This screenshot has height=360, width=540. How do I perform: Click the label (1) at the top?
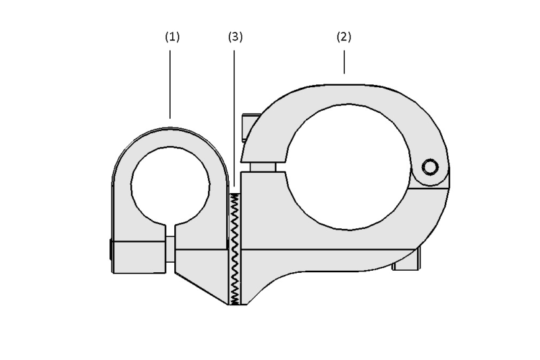[x=172, y=37]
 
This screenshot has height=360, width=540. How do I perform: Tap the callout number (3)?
[x=235, y=37]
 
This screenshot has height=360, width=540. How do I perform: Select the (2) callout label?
[x=344, y=37]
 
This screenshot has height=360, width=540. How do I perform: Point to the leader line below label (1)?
[x=170, y=84]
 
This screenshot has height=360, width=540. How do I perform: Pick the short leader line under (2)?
[x=344, y=62]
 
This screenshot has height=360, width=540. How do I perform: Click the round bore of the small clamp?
[x=170, y=186]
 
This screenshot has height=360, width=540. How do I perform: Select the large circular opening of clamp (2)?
[x=348, y=167]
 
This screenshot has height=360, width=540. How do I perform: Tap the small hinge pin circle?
[x=430, y=167]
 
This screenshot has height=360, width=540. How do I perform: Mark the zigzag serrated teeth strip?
[x=235, y=249]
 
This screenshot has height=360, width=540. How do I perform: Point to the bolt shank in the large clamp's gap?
[x=263, y=167]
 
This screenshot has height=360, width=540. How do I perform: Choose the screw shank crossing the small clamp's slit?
[x=170, y=249]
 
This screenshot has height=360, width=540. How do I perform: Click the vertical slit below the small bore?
[x=171, y=231]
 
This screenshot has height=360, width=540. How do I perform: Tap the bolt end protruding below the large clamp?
[x=407, y=259]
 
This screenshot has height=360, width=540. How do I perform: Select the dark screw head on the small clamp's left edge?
[x=111, y=250]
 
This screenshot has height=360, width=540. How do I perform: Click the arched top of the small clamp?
[x=170, y=138]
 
